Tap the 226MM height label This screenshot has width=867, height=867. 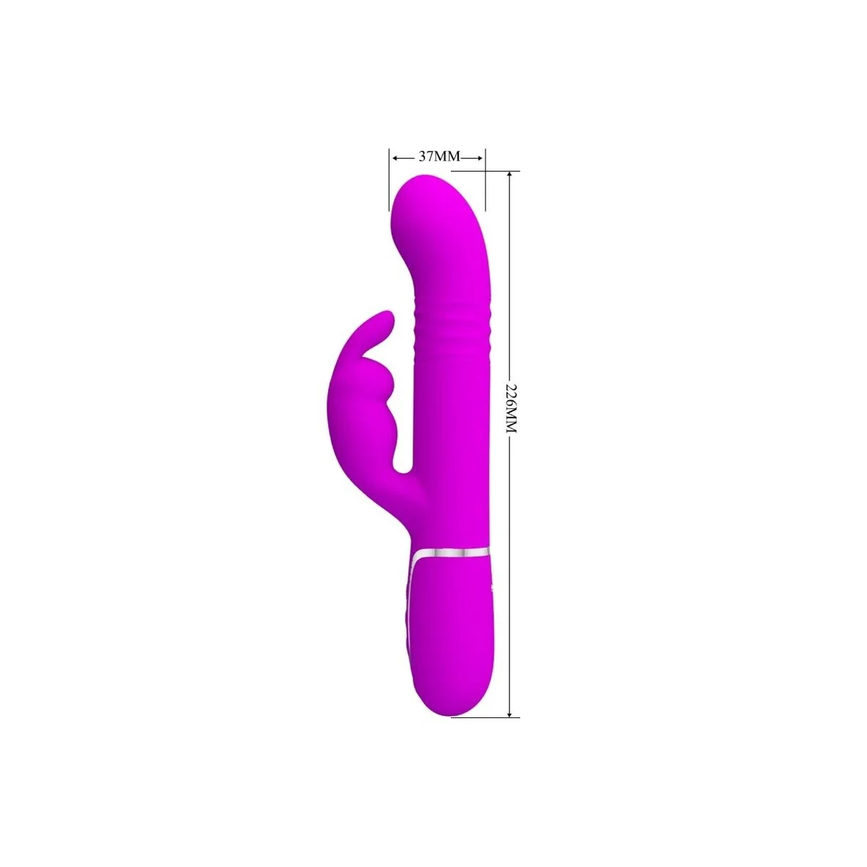[512, 408]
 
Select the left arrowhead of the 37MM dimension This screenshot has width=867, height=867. [394, 157]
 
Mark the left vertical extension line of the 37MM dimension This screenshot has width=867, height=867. [389, 173]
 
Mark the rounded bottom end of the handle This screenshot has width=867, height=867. [452, 712]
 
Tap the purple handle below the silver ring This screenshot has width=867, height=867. [455, 636]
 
